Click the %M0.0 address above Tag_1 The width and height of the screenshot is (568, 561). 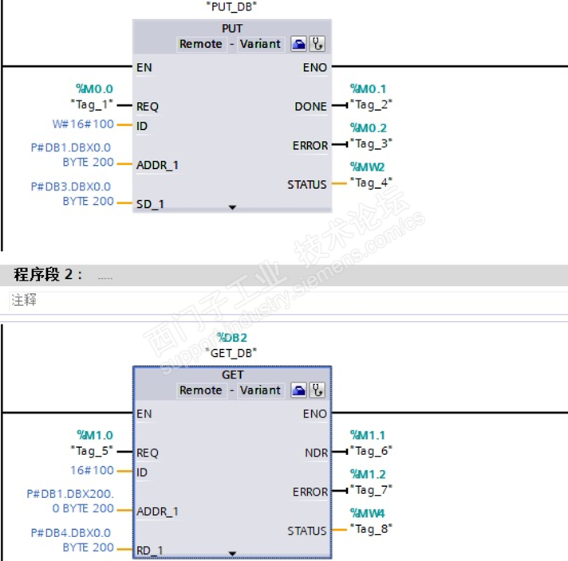pyautogui.click(x=94, y=88)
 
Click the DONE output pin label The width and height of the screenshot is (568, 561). pyautogui.click(x=310, y=106)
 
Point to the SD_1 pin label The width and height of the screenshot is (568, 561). pyautogui.click(x=150, y=204)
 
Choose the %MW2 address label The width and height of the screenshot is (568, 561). pyautogui.click(x=368, y=167)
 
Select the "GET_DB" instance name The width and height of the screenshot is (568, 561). pyautogui.click(x=231, y=351)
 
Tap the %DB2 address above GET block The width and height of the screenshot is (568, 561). pyautogui.click(x=232, y=338)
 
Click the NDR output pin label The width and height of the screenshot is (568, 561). pyautogui.click(x=316, y=453)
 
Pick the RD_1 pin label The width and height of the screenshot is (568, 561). pyautogui.click(x=150, y=550)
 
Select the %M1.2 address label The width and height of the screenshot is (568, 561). pyautogui.click(x=368, y=474)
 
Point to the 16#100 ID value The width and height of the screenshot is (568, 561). pyautogui.click(x=92, y=470)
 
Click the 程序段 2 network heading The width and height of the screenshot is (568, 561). pyautogui.click(x=48, y=275)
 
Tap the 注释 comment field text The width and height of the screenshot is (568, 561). pyautogui.click(x=24, y=300)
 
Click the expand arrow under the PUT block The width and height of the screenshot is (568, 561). pyautogui.click(x=232, y=206)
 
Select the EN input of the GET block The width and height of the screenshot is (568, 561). pyautogui.click(x=144, y=414)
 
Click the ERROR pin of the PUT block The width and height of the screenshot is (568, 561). pyautogui.click(x=310, y=145)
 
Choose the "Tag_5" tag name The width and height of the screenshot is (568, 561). pyautogui.click(x=91, y=450)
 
